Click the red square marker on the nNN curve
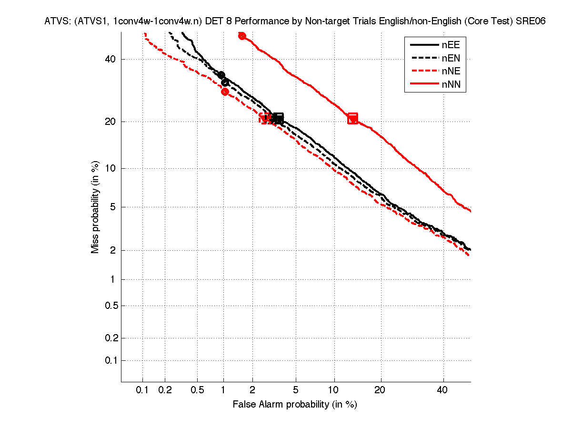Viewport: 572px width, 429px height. [352, 119]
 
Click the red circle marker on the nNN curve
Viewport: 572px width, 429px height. [242, 36]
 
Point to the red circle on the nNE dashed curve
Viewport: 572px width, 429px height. [225, 92]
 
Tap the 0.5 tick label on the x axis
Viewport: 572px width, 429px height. [197, 390]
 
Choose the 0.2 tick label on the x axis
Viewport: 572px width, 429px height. [165, 390]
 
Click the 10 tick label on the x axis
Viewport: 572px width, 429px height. [334, 390]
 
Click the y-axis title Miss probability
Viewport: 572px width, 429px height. [95, 207]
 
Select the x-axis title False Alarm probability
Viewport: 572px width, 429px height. [295, 405]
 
